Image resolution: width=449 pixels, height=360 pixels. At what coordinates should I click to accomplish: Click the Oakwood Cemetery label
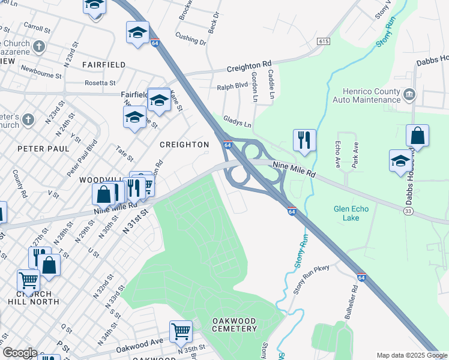pyautogui.click(x=234, y=325)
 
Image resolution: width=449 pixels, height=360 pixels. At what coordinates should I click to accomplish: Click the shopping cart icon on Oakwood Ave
pyautogui.click(x=181, y=331)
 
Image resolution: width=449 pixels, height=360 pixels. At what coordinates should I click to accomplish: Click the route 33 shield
pyautogui.click(x=408, y=211)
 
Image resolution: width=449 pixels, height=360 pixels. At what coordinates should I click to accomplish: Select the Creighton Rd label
pyautogui.click(x=249, y=64)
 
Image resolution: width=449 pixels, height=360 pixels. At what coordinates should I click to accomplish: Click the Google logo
pyautogui.click(x=19, y=353)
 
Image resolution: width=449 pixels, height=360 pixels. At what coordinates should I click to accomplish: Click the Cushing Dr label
pyautogui.click(x=191, y=40)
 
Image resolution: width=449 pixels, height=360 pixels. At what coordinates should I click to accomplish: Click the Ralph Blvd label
pyautogui.click(x=232, y=86)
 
